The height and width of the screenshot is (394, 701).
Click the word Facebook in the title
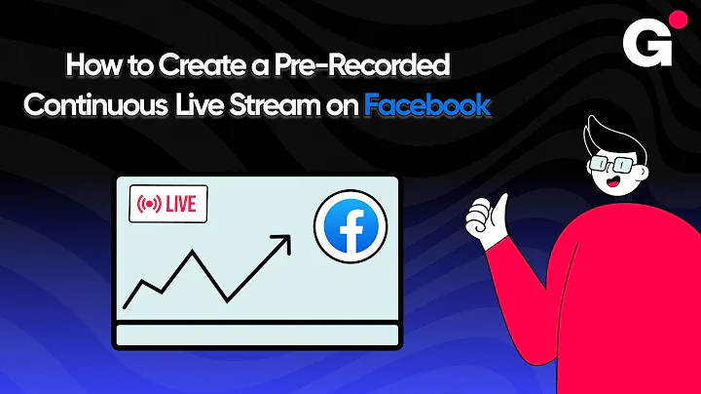tap(426, 106)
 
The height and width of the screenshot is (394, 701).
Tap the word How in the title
tap(85, 68)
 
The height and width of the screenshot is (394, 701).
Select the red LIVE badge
tap(168, 205)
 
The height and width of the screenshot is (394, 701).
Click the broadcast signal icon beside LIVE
tap(150, 205)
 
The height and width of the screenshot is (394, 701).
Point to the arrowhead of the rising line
tap(283, 240)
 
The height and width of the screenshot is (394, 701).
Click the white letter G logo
tap(639, 42)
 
